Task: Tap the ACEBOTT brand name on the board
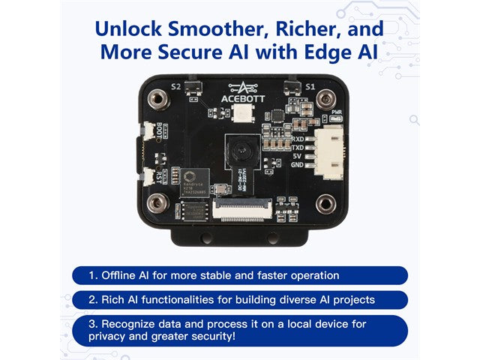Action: click(240, 97)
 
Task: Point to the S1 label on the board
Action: click(309, 87)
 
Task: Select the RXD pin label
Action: click(297, 139)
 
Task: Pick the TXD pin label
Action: click(297, 148)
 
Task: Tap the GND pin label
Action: click(297, 166)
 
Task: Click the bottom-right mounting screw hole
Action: click(325, 202)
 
